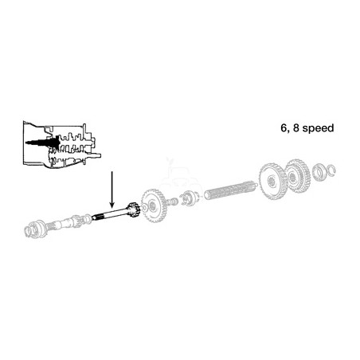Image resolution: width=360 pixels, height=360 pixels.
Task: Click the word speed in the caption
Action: coord(318,129)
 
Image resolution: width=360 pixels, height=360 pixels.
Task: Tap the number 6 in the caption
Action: coord(284,128)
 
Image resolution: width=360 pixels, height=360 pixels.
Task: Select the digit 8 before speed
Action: coord(296,128)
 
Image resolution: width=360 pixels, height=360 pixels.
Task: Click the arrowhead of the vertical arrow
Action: coord(112,205)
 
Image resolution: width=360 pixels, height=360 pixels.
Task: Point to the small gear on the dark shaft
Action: coord(133,209)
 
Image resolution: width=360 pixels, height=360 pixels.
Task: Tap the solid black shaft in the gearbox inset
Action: coord(43,143)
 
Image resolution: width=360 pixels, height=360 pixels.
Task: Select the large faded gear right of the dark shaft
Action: coord(154,205)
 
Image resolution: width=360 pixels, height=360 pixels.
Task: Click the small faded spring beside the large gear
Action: coord(173,201)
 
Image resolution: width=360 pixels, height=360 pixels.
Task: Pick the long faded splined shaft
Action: coord(230,190)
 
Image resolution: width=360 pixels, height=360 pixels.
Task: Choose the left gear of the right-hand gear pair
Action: coord(273,181)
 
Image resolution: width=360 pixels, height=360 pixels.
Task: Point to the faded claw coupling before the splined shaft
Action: coord(190,198)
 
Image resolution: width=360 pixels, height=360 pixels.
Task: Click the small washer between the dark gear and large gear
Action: coord(143,208)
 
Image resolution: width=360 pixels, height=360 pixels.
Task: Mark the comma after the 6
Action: coord(288,131)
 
